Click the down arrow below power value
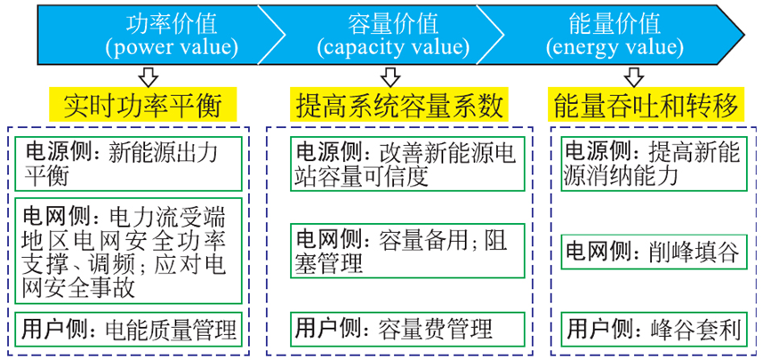147,75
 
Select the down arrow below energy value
633,75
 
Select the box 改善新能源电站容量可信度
404,163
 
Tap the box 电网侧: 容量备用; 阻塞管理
404,252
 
